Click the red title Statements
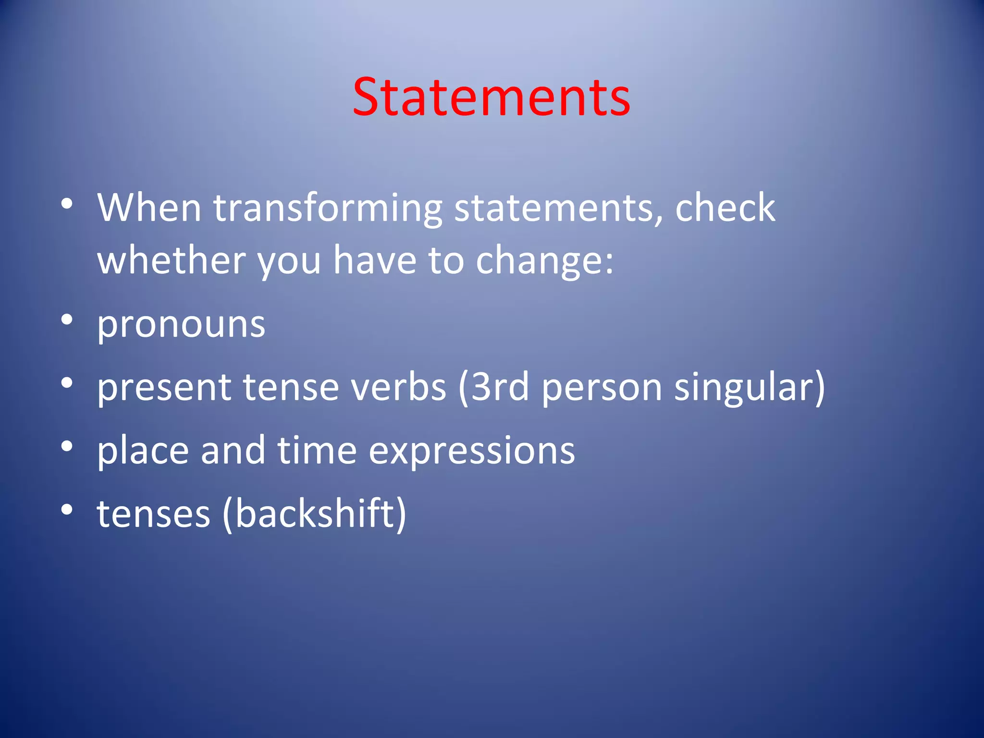click(x=491, y=98)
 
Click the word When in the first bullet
click(x=149, y=209)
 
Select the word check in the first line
click(x=725, y=209)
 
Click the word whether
click(x=171, y=260)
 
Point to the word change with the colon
click(x=544, y=260)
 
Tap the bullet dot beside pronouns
click(x=67, y=319)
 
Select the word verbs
click(x=398, y=387)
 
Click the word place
click(x=143, y=451)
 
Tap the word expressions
click(x=471, y=451)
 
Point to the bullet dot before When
click(x=67, y=204)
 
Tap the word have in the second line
click(x=375, y=260)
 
